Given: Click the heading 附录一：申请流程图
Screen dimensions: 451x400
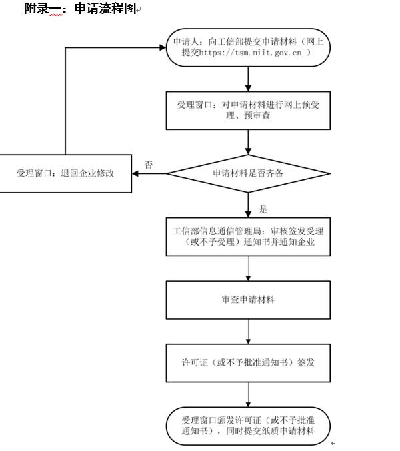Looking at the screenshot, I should (x=79, y=9).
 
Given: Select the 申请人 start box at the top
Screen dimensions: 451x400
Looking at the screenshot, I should (x=248, y=47).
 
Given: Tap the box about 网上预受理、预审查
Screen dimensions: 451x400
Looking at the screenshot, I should (x=248, y=110).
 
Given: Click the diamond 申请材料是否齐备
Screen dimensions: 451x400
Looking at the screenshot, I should (x=248, y=173).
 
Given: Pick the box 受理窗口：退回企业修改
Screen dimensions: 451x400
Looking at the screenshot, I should (x=65, y=173).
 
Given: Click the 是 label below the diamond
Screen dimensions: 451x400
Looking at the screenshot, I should (x=263, y=209).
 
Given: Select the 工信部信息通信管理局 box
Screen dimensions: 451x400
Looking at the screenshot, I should (x=248, y=237).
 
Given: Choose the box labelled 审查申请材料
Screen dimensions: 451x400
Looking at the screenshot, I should (x=248, y=300).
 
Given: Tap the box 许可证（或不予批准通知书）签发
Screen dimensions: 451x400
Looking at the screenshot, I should (x=248, y=362).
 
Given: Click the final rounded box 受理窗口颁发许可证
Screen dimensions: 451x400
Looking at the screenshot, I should (x=248, y=426).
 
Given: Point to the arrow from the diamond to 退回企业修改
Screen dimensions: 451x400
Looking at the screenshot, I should (x=149, y=174).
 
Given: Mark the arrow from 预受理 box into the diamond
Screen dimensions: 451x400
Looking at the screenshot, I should (x=248, y=141).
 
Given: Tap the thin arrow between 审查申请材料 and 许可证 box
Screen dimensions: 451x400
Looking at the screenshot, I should (x=248, y=331).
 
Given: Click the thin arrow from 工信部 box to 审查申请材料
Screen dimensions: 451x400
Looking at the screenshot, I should (x=248, y=268).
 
